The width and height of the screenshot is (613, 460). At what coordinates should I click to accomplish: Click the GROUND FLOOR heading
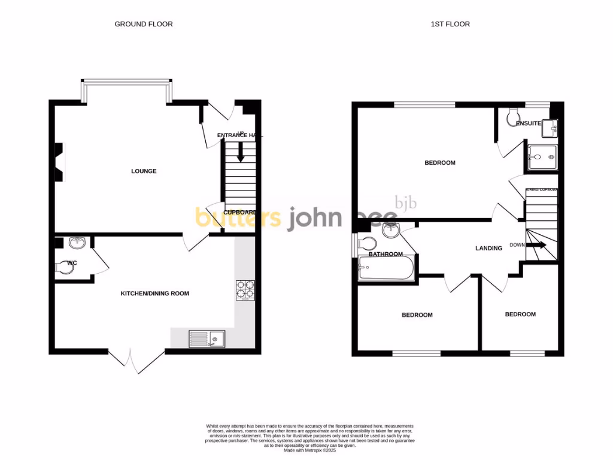(x=144, y=24)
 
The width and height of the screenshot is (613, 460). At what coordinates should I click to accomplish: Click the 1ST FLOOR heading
(x=450, y=24)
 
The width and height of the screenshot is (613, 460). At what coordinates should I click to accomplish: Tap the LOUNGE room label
(x=144, y=171)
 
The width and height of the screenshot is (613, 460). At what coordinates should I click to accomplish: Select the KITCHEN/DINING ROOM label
(x=155, y=293)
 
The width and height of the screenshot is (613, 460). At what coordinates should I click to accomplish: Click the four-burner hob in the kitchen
(x=245, y=290)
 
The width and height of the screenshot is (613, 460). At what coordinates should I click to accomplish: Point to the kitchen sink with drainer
(x=207, y=339)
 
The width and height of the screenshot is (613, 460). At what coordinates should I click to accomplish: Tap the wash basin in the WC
(x=77, y=243)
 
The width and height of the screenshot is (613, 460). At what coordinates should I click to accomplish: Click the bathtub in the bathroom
(x=386, y=269)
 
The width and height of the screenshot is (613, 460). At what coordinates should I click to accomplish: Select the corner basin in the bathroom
(x=390, y=229)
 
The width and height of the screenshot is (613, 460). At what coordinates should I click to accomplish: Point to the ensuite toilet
(x=514, y=114)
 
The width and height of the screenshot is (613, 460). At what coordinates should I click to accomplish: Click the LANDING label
(x=488, y=248)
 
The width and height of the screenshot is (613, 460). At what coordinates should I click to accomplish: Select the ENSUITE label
(x=528, y=124)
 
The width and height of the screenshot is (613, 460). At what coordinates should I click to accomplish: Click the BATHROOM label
(x=386, y=254)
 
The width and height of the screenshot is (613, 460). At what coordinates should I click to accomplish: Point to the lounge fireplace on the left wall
(x=59, y=162)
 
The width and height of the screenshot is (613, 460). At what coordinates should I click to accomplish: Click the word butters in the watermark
(x=238, y=218)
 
